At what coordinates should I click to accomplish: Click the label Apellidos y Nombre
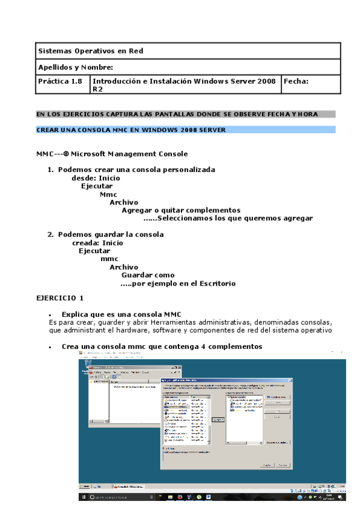click(x=75, y=67)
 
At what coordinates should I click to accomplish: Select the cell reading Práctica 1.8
click(x=59, y=81)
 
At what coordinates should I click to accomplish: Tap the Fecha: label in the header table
click(x=296, y=81)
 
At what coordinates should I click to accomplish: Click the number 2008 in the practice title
click(x=265, y=81)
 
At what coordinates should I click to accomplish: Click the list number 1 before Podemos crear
click(x=50, y=170)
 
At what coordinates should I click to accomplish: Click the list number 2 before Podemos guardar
click(x=50, y=235)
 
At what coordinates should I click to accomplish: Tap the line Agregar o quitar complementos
click(x=181, y=210)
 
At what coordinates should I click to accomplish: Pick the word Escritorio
click(x=216, y=284)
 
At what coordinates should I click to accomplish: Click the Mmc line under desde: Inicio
click(x=109, y=194)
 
